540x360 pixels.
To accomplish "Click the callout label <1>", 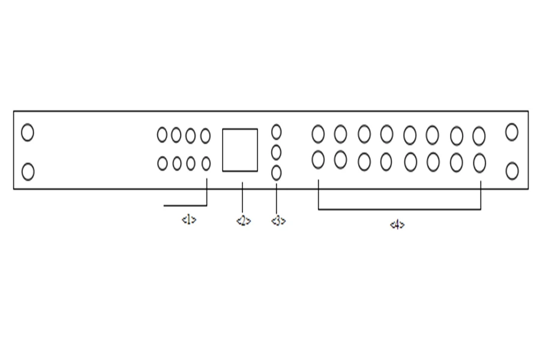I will click(189, 220).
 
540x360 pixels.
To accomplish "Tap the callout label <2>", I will click(243, 221).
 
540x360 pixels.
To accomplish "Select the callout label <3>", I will click(278, 221).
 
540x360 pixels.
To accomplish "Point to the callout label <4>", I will click(397, 225).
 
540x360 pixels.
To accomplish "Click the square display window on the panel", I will click(240, 150).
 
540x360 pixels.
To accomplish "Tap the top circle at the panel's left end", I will click(28, 132).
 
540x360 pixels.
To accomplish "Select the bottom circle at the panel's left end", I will click(28, 172).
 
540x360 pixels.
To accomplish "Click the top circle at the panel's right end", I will click(511, 132).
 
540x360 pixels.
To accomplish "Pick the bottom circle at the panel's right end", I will click(512, 171).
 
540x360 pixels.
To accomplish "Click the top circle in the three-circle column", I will click(277, 131).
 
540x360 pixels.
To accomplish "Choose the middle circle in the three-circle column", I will click(276, 152).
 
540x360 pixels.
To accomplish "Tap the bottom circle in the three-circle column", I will click(277, 173).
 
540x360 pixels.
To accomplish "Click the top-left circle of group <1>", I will click(162, 135).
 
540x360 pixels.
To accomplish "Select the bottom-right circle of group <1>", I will click(206, 163).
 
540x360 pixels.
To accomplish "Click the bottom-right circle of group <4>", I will click(479, 162).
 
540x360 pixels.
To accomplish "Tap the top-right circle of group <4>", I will click(479, 136).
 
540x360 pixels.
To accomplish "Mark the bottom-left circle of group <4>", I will click(319, 160).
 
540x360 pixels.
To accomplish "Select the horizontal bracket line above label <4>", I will click(399, 209).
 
